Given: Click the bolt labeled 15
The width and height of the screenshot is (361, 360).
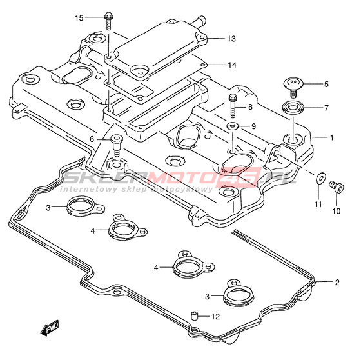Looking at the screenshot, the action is tap(108, 21).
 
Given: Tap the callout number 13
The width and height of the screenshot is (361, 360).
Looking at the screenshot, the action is tap(231, 39).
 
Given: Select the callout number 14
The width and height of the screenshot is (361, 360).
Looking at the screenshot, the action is tap(232, 65).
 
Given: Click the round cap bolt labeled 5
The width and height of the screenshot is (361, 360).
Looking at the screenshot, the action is tap(293, 87).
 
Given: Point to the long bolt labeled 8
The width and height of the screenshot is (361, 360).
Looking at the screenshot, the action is tap(233, 106).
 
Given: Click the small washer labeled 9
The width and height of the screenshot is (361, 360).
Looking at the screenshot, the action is tap(233, 126).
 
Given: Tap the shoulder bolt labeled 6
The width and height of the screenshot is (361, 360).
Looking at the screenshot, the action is tap(117, 146).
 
